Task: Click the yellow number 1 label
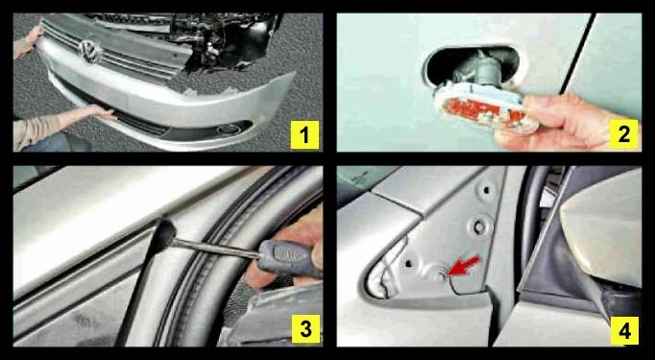(305, 134)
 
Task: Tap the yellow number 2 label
(623, 134)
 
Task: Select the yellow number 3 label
(305, 329)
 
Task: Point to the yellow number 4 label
(624, 330)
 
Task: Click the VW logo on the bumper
(90, 52)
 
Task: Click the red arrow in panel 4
(464, 266)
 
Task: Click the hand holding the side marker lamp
(569, 122)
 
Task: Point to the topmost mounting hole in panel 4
(487, 190)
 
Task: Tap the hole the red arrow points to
(439, 274)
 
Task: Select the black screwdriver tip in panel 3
(163, 234)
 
